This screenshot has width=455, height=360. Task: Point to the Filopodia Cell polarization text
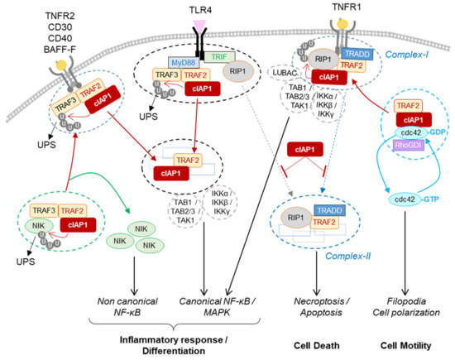tap(409, 305)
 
